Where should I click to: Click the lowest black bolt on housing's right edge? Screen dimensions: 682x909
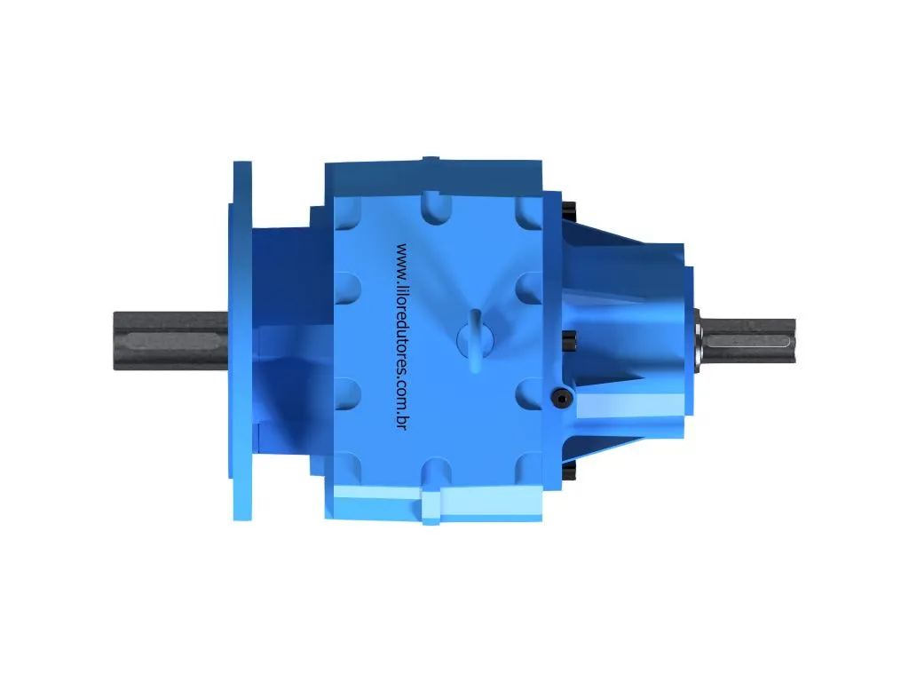click(570, 467)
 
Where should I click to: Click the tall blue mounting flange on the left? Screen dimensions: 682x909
click(241, 340)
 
